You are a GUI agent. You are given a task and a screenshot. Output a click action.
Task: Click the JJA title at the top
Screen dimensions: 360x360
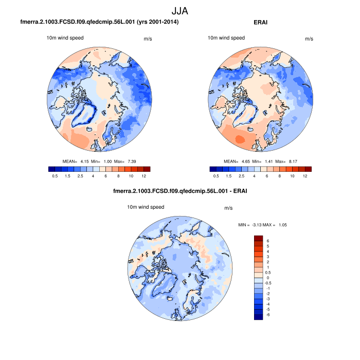180,10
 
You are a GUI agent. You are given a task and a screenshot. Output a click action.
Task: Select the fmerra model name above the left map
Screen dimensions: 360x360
99,22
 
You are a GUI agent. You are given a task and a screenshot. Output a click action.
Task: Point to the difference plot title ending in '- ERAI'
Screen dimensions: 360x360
180,192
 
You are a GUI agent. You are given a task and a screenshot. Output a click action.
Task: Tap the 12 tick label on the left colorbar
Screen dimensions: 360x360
143,176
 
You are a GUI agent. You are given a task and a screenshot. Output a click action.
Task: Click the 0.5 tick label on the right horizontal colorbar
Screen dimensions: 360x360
216,176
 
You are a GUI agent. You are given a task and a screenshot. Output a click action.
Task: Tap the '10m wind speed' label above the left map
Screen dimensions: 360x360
65,38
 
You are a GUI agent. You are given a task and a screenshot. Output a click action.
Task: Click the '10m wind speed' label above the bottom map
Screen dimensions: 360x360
146,207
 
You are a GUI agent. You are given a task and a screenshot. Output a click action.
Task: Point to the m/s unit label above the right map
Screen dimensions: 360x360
309,39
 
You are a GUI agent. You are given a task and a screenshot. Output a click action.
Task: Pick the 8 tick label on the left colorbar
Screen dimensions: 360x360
118,176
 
